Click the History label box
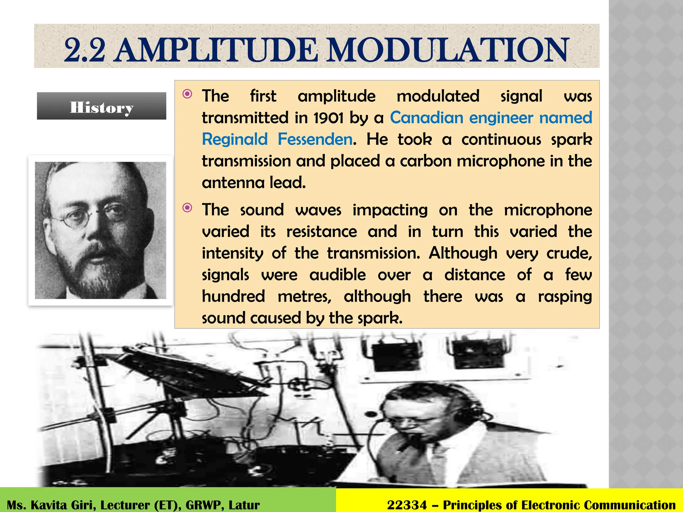point(101,106)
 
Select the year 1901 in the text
point(328,118)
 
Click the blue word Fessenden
point(315,139)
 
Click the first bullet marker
point(187,94)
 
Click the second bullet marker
point(187,208)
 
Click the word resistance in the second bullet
point(321,232)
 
